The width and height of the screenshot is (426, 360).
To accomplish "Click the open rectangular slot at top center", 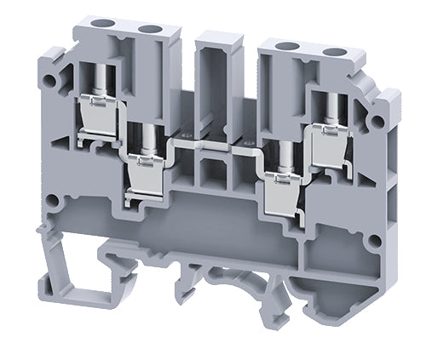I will click(213, 68).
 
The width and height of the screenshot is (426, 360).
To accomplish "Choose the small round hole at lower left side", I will click(53, 203).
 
